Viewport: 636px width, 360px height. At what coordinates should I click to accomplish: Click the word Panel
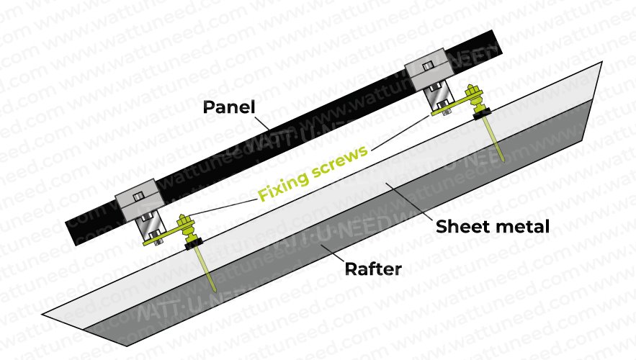coord(228,108)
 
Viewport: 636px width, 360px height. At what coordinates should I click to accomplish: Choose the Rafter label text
coord(374,270)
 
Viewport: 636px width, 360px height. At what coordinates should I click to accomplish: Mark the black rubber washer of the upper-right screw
coord(481,112)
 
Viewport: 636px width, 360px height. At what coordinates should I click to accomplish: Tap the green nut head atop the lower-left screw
coord(182,220)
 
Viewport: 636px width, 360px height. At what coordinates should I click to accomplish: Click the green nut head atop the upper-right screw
coord(472,92)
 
